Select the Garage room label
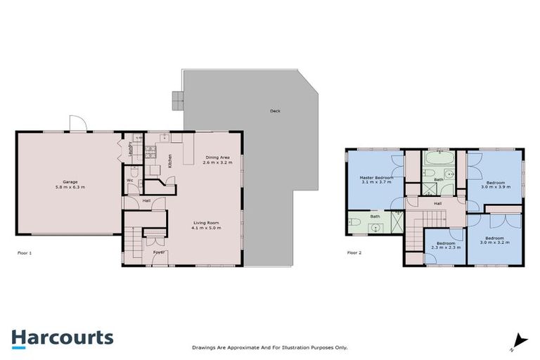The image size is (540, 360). click(68, 184)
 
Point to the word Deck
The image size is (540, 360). click(274, 111)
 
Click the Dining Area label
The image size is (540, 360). click(217, 157)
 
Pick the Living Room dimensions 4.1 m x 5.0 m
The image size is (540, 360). click(207, 229)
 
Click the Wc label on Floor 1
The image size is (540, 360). click(130, 180)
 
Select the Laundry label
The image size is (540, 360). click(131, 148)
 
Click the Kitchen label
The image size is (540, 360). click(170, 161)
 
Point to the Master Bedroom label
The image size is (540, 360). click(376, 177)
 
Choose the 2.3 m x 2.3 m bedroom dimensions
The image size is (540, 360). click(445, 248)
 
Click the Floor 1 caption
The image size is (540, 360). click(25, 252)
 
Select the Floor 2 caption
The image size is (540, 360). click(355, 252)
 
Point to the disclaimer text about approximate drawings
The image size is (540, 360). click(270, 347)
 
